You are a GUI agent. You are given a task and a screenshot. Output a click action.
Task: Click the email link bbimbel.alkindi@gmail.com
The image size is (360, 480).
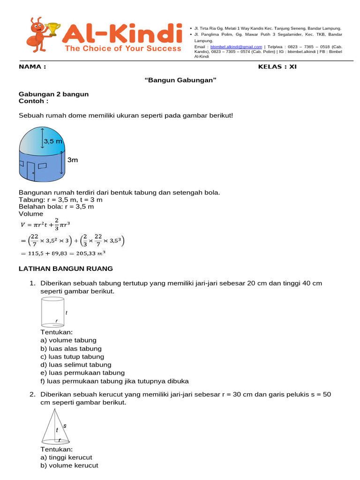236,47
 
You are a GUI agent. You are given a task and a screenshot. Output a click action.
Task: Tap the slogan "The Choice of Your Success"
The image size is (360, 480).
123,48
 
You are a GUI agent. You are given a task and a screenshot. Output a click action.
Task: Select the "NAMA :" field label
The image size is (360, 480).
32,67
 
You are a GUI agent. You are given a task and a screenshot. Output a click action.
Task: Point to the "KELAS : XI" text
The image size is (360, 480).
277,67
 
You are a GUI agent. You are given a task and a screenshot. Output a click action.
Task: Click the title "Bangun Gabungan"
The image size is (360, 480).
180,80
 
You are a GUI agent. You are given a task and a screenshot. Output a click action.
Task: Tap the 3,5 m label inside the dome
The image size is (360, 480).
53,141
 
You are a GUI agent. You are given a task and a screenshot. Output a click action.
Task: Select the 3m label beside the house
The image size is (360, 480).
73,160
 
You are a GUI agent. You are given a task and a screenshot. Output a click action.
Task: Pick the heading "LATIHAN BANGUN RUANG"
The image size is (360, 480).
66,269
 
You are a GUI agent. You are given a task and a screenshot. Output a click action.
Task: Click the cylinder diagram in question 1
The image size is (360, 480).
52,312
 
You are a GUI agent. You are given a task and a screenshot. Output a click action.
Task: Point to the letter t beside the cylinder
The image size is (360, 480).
67,312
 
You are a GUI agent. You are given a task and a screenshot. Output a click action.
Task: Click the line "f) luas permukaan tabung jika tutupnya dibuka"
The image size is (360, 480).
114,381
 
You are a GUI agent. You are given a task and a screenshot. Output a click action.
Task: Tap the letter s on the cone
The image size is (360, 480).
65,426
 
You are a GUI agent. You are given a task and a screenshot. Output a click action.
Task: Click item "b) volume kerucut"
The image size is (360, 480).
69,465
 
